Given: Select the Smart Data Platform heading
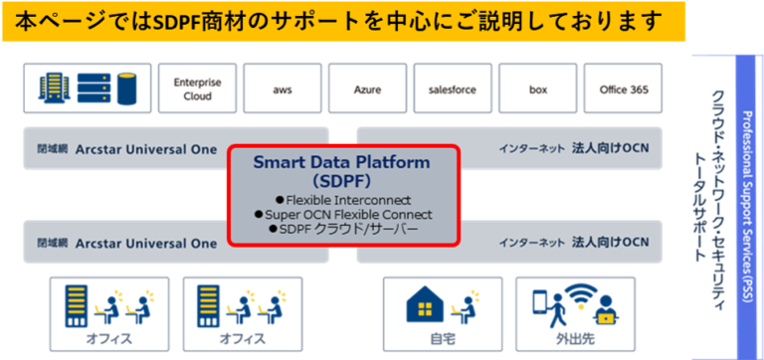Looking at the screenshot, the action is (x=342, y=161).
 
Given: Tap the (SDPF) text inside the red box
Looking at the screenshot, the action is (x=341, y=181).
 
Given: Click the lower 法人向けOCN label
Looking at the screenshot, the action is (x=610, y=242).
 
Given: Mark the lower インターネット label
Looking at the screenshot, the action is (x=532, y=242).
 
